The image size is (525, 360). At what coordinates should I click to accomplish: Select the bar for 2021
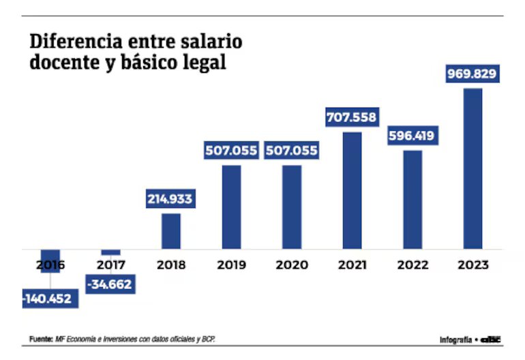click(x=352, y=190)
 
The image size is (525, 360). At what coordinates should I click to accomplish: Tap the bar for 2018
click(x=171, y=231)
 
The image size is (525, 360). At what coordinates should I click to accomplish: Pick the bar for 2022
click(x=412, y=199)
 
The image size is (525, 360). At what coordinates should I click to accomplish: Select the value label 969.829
click(x=472, y=74)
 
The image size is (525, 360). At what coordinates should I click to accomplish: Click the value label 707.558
click(x=352, y=117)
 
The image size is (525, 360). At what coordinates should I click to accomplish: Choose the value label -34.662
click(x=109, y=283)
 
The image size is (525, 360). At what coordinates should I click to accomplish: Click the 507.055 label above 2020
click(x=291, y=151)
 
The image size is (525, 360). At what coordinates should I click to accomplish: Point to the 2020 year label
click(x=291, y=265)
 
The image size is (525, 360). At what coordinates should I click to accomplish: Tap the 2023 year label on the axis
click(x=472, y=265)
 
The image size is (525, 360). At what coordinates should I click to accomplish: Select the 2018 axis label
click(x=171, y=265)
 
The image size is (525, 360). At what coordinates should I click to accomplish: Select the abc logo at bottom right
click(x=491, y=339)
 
